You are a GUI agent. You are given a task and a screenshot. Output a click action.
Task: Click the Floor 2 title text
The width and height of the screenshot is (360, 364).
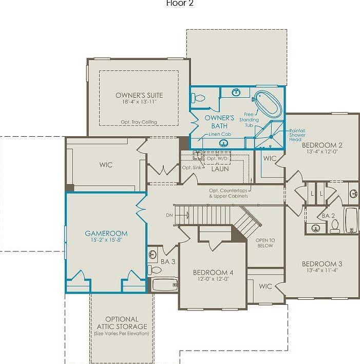click(180, 4)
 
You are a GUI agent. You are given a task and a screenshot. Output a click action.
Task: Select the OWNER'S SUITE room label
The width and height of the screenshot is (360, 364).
click(139, 95)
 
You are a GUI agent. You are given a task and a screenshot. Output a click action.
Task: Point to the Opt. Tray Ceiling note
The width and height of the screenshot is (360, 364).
click(139, 122)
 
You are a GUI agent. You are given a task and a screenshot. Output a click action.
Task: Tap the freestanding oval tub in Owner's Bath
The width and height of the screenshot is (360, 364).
click(268, 104)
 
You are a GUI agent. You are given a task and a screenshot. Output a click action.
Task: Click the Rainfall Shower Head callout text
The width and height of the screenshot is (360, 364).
click(297, 135)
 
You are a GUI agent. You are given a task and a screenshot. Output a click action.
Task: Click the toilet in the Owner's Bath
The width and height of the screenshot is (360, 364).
click(200, 98)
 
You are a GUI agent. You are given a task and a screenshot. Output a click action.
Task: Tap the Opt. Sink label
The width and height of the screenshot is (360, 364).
click(191, 168)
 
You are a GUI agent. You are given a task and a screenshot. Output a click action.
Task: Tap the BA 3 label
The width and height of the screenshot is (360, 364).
click(168, 262)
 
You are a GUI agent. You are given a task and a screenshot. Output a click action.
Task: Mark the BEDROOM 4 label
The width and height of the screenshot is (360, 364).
click(213, 272)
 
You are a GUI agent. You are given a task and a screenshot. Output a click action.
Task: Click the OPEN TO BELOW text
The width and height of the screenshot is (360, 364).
click(266, 243)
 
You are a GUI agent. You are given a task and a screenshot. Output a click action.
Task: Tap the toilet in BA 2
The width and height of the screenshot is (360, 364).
click(335, 226)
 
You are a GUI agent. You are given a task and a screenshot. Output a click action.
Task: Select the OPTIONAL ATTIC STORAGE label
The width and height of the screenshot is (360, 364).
click(122, 323)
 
